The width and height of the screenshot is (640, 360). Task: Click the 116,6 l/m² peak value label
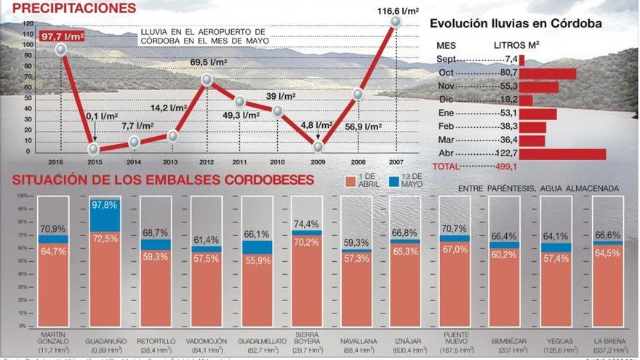click(396, 11)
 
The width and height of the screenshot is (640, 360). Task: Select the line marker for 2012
click(207, 80)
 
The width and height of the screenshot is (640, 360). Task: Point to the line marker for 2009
click(318, 147)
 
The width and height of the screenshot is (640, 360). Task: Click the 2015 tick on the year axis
click(94, 161)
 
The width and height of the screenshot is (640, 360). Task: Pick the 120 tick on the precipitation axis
click(28, 23)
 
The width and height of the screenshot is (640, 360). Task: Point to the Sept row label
click(447, 59)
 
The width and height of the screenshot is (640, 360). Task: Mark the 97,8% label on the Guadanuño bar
click(105, 206)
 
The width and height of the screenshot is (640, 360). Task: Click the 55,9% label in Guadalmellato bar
click(257, 261)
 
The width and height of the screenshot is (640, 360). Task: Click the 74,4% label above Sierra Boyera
click(307, 223)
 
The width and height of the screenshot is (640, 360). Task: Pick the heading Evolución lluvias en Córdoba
click(516, 23)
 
